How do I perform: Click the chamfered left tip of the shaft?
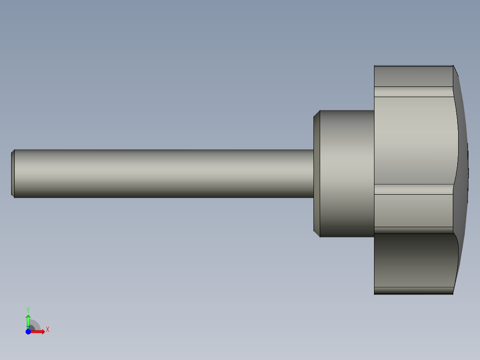(13, 173)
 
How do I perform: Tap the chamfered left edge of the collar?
(317, 173)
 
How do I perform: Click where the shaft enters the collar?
(313, 173)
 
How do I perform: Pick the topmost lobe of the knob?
(413, 76)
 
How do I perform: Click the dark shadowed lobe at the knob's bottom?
(414, 263)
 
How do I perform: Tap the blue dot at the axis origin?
(28, 331)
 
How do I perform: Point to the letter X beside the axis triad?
(47, 330)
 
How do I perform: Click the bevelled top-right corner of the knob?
(456, 71)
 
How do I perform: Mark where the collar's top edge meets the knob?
(374, 110)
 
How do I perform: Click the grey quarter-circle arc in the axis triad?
(36, 325)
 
